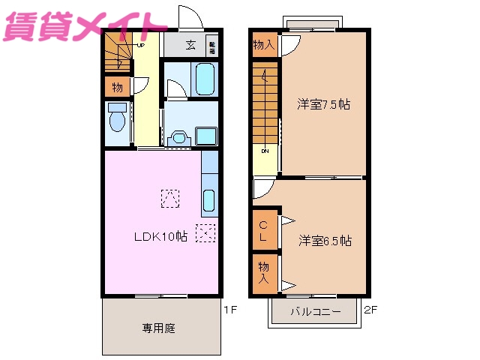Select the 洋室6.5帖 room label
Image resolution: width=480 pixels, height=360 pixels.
[x=325, y=241]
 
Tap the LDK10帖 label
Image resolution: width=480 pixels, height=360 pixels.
[x=160, y=236]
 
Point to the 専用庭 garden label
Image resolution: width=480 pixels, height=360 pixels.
[x=159, y=328]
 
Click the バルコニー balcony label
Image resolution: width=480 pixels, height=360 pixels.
[x=316, y=311]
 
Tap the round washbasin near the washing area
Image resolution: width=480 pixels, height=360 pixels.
[x=178, y=137]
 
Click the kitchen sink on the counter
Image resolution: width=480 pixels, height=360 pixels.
[x=209, y=201]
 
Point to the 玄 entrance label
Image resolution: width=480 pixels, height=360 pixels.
[x=191, y=45]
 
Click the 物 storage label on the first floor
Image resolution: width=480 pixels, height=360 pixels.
[x=117, y=88]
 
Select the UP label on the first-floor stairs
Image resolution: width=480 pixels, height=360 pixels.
[x=140, y=44]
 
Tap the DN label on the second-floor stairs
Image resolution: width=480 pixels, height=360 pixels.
[x=265, y=151]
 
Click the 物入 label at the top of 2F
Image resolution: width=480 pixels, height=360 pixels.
[x=263, y=45]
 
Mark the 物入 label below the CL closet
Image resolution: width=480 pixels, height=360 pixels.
[x=264, y=271]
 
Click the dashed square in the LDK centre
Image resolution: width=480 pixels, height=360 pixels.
[x=170, y=196]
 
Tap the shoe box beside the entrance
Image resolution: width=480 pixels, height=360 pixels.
[x=211, y=45]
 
